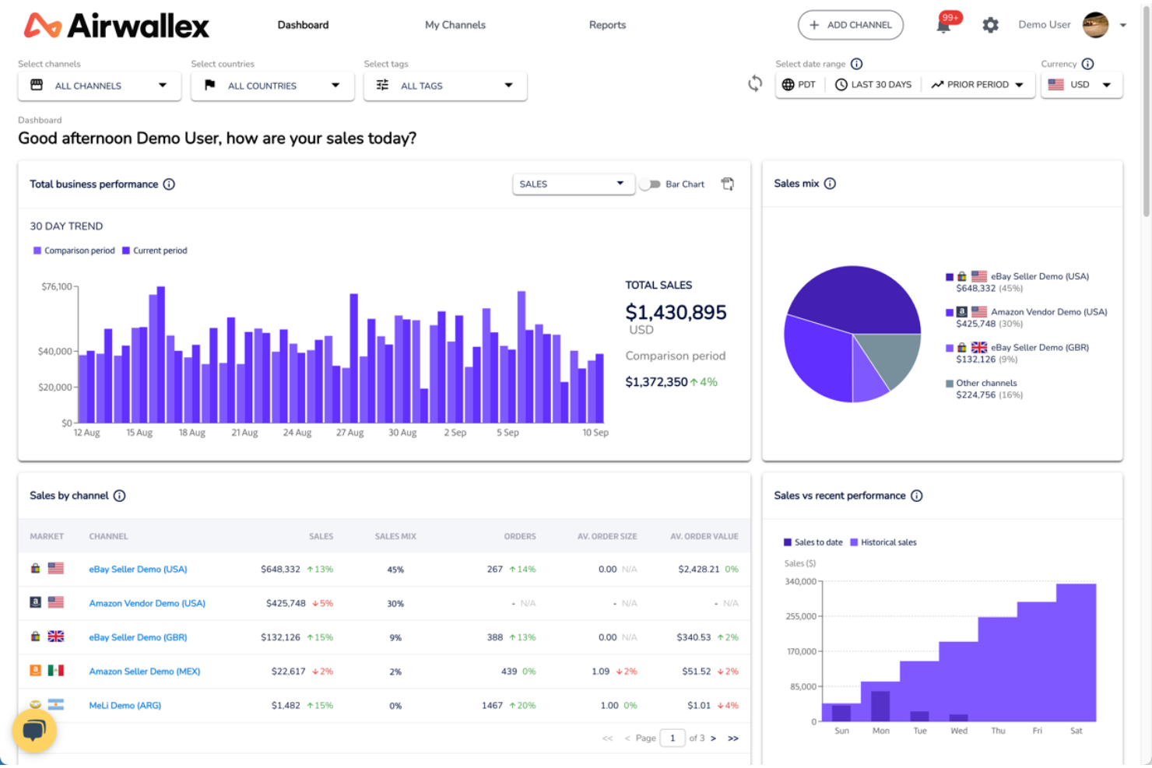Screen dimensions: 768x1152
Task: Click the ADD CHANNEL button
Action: (850, 25)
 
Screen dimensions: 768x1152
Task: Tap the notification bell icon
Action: (943, 25)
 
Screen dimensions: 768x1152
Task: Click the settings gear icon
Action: (990, 25)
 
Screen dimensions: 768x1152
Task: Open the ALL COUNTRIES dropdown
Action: (272, 86)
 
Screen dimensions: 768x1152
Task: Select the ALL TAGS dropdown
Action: (445, 86)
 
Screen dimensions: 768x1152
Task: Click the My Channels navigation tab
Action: (455, 25)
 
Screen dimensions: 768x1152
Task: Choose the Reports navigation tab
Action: (607, 25)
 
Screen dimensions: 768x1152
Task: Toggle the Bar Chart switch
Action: (650, 184)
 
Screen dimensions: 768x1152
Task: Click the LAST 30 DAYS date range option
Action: (873, 85)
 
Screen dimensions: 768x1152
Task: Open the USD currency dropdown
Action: (1081, 85)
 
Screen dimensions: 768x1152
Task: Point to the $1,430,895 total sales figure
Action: (676, 312)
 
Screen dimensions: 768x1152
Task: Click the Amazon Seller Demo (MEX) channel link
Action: (144, 672)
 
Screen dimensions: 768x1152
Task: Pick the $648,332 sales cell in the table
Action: (280, 570)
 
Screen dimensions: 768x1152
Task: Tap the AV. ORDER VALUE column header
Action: (704, 536)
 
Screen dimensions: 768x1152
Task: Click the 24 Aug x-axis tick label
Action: (297, 433)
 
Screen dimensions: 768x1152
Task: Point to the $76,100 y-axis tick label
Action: (56, 286)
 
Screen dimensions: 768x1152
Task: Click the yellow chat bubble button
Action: (34, 731)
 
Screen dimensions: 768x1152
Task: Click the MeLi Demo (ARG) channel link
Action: (125, 706)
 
